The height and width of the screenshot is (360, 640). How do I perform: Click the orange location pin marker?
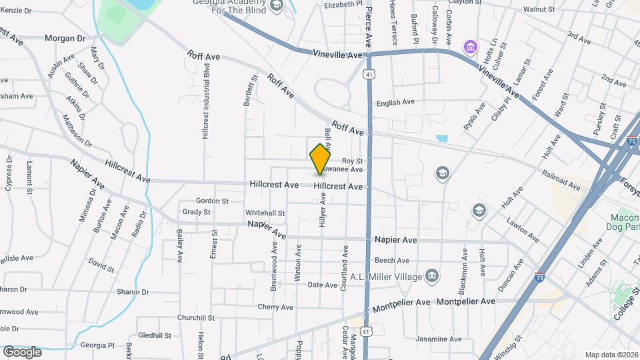[321, 159]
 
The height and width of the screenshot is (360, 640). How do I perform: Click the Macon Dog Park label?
[625, 223]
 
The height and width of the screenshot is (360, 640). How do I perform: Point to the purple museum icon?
[471, 47]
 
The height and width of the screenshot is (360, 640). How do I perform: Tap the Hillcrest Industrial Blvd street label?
[206, 101]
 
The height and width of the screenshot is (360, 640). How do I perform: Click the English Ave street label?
[395, 103]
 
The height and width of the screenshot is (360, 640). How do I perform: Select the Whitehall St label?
[265, 213]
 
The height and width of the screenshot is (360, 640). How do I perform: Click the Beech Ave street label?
[392, 261]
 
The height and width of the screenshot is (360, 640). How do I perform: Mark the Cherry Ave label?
[275, 307]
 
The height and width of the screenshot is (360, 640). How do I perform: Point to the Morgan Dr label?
[65, 38]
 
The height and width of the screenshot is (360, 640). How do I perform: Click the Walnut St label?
[539, 10]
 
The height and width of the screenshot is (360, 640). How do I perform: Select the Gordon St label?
[212, 201]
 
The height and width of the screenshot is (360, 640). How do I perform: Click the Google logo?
[22, 351]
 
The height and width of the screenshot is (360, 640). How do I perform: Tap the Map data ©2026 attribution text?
[611, 355]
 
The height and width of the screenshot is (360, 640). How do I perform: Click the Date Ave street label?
[323, 285]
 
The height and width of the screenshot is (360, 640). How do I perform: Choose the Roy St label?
[352, 161]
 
